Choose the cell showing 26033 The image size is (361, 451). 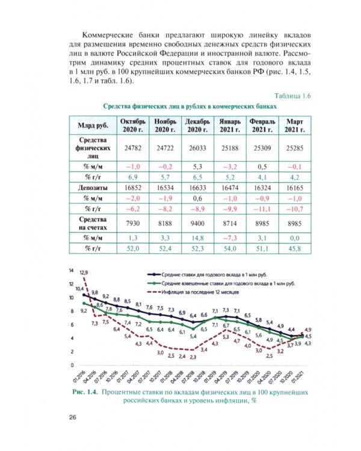coord(198,147)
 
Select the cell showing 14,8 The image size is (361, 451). coord(198,238)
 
